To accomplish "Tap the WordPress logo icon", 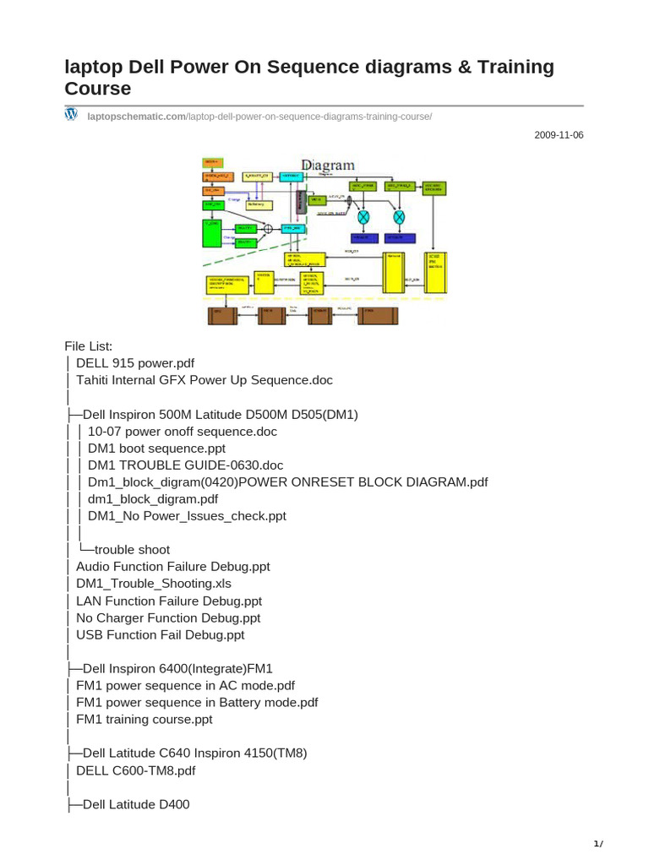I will tap(72, 114).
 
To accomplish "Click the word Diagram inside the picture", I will tap(328, 166).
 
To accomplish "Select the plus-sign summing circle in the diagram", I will tap(269, 228).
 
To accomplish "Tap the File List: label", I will tap(88, 346).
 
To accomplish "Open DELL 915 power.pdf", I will tap(135, 363).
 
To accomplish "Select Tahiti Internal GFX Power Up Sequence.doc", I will tap(205, 380).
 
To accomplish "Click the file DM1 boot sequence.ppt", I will tap(156, 449).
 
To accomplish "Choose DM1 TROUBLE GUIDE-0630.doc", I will tap(185, 465).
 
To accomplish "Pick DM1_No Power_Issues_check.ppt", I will tap(187, 516).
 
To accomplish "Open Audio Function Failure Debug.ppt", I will tap(173, 567).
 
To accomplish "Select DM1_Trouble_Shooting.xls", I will tap(154, 584).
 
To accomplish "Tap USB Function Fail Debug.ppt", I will tap(161, 634).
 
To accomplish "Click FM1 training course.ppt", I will tap(145, 720).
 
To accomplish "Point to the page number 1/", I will tap(598, 844).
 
